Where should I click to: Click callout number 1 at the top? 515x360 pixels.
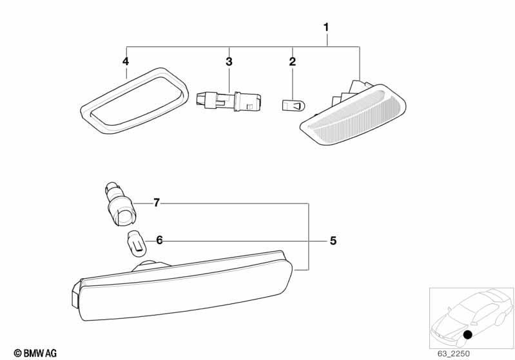pos(326,27)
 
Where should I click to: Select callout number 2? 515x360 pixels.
pos(293,61)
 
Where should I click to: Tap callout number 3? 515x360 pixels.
pos(229,61)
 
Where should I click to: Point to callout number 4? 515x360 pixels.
pos(126,61)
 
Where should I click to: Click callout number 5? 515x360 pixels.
pos(333,241)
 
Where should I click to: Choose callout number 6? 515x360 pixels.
pos(159,240)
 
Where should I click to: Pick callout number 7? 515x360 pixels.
pos(157,203)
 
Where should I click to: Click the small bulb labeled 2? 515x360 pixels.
pos(295,106)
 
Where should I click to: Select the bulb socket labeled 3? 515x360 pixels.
pos(229,100)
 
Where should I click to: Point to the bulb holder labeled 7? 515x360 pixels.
pos(120,205)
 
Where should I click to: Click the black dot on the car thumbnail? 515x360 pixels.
pos(467,335)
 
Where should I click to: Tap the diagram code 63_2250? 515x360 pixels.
pos(453,354)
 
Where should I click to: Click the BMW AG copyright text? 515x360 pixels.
pos(35,353)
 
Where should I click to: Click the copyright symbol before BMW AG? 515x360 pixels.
pos(18,354)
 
